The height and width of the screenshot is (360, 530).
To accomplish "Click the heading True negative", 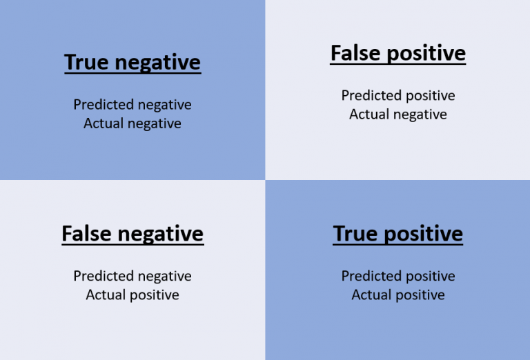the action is coord(132,63).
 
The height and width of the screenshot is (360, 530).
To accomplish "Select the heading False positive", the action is coord(397,53).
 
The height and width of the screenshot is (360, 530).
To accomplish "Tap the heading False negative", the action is coord(132,234).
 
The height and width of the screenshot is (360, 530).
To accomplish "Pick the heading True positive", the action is coord(397,234).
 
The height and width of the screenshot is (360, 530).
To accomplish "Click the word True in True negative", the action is coord(86,62).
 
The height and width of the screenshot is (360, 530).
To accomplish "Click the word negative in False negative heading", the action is coord(161,234).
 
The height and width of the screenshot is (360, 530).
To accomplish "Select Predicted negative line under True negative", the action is coord(132,105).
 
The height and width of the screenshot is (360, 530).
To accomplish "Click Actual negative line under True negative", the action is coord(132,123).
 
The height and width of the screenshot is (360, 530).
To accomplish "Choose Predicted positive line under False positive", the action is coord(398,96).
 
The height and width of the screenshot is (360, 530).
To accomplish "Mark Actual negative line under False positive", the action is coord(398,114).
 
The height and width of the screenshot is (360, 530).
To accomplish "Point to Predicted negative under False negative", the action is coord(132,277).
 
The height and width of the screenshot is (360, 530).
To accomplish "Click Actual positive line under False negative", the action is coord(132,295).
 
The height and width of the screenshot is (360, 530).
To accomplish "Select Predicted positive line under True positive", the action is coord(398,277).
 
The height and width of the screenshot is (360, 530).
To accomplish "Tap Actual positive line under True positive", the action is coord(398,295).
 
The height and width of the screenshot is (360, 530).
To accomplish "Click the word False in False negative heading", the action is coord(87,233).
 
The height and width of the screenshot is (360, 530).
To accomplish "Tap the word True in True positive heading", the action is coord(355,233).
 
